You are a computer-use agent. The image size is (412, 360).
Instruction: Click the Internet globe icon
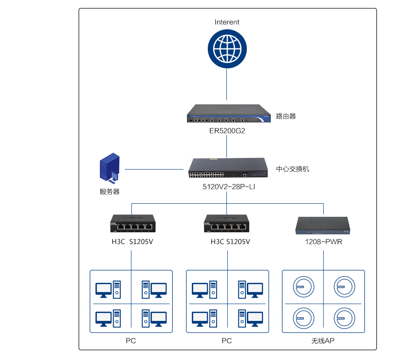point(227,49)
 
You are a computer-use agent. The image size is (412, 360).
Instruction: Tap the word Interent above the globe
point(227,22)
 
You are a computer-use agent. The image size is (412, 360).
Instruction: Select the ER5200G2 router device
point(228,113)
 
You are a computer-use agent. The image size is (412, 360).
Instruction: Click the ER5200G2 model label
point(227,131)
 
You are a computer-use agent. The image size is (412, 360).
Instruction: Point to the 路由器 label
point(286,116)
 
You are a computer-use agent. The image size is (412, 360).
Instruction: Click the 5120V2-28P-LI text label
point(229,187)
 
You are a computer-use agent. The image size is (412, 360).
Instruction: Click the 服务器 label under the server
point(110,192)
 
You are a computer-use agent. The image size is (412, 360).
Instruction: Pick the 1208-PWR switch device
point(323,225)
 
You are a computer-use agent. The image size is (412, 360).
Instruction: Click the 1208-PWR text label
point(323,242)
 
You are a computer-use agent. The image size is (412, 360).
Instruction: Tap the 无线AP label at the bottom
point(323,341)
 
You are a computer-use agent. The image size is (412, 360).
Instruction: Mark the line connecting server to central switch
point(154,169)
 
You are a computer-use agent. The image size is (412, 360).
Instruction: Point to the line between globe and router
point(227,84)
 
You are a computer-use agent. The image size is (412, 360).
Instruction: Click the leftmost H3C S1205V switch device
point(132,223)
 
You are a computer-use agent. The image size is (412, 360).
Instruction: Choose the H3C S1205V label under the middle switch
point(230,242)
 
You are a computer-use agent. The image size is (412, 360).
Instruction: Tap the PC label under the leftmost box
point(131,341)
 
